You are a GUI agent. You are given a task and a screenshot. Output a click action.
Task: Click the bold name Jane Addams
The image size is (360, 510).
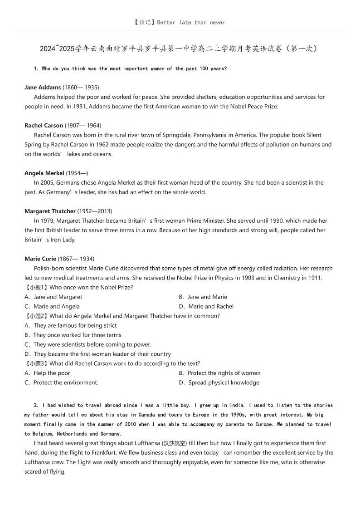click(x=43, y=87)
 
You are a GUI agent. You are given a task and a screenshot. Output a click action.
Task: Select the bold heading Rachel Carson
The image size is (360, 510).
click(x=44, y=125)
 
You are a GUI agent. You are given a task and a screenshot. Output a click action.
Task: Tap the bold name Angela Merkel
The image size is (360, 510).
click(x=44, y=173)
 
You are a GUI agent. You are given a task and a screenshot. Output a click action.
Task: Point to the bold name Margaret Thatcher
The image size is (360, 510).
click(x=50, y=211)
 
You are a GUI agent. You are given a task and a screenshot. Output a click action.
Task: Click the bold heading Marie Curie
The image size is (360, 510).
click(x=40, y=259)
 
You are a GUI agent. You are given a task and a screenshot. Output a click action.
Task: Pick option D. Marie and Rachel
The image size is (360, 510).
click(x=206, y=306)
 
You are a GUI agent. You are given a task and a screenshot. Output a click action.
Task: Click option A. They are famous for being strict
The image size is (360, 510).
click(x=71, y=325)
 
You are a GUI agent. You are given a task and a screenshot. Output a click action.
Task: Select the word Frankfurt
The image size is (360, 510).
click(x=219, y=452)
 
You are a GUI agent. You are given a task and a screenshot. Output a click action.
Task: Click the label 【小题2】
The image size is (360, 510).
click(x=36, y=316)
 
